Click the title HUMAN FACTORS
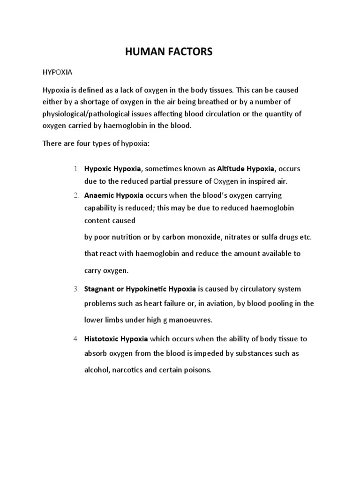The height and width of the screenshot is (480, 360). click(169, 52)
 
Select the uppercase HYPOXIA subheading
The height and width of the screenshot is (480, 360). click(57, 74)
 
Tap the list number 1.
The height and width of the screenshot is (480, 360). click(76, 168)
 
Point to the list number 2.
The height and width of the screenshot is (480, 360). click(76, 195)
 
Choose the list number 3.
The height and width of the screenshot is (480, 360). click(76, 289)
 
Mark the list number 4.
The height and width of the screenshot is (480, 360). click(76, 338)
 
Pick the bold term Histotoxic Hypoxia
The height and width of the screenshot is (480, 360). click(116, 338)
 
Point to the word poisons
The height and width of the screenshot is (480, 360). click(199, 370)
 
